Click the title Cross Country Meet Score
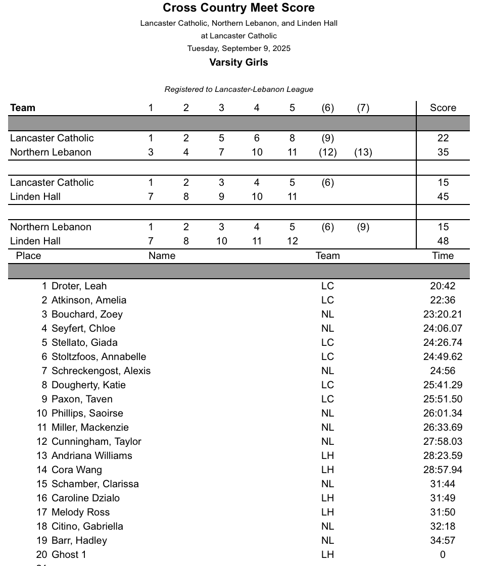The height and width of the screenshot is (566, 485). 238,8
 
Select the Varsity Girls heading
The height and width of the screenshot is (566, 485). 238,63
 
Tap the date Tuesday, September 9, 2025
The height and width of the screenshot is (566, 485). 238,48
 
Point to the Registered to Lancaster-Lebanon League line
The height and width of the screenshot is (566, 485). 238,89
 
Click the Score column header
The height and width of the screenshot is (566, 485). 443,108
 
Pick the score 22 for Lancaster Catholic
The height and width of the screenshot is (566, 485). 443,138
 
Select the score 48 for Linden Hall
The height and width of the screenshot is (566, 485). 443,241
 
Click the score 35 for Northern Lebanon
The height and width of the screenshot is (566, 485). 443,152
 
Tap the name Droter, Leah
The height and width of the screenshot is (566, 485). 79,286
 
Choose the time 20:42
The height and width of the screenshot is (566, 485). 443,286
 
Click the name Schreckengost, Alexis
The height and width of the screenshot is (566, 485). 101,371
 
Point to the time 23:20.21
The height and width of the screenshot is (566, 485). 443,314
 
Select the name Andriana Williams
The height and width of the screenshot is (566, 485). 91,455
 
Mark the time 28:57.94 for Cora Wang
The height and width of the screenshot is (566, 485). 443,470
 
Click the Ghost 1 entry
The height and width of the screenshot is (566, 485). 69,554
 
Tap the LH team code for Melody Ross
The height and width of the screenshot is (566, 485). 327,512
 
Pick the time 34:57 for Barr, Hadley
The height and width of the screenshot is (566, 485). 443,540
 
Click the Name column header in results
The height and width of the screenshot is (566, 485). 162,255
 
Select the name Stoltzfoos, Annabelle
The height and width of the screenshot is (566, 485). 99,356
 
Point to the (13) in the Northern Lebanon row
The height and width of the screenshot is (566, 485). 363,152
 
